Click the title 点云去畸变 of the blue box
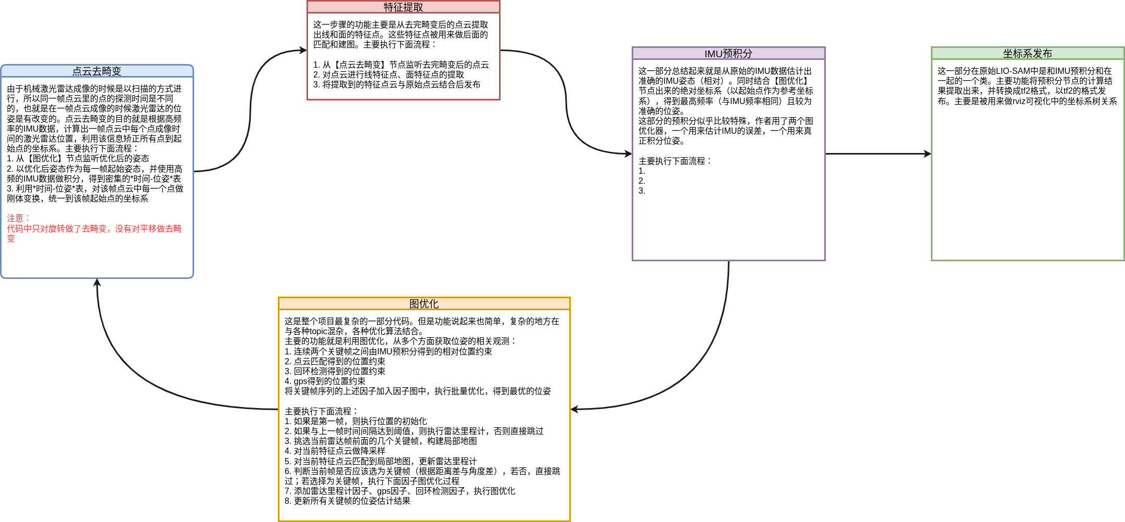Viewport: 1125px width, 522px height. (97, 71)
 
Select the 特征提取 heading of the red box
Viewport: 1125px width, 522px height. (403, 7)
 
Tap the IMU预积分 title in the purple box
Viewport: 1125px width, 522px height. (728, 54)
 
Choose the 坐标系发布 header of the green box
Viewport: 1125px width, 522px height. (1027, 54)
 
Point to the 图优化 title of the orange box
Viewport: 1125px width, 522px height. (424, 304)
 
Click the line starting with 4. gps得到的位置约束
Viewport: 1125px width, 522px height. (325, 381)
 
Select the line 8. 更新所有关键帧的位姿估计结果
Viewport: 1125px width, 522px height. (347, 501)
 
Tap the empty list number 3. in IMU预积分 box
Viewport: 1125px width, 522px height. (642, 191)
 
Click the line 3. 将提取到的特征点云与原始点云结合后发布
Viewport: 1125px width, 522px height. (397, 84)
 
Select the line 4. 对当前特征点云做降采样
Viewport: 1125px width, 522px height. (335, 451)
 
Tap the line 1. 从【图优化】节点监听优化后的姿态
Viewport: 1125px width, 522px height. (78, 158)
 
